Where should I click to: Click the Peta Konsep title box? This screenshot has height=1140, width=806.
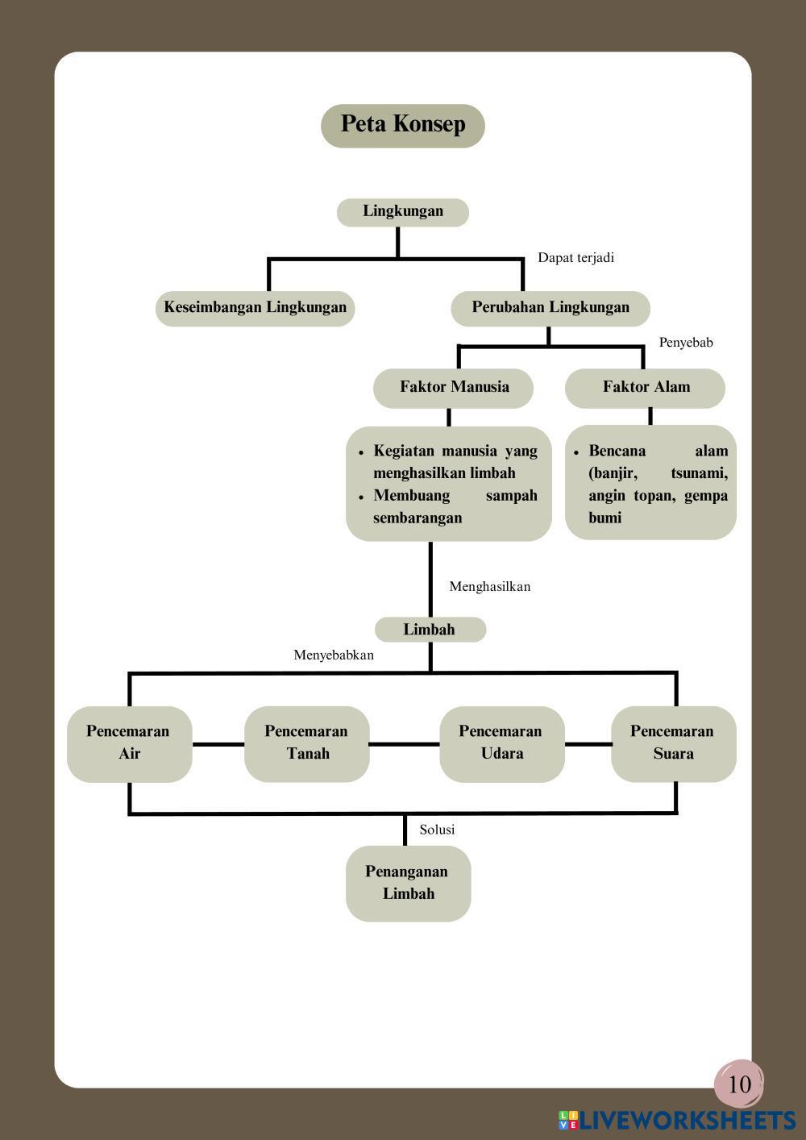pos(402,126)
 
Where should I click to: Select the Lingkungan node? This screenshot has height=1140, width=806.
pos(402,212)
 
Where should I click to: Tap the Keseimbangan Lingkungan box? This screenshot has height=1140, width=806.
pos(255,309)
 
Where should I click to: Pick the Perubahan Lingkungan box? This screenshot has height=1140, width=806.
pos(550,309)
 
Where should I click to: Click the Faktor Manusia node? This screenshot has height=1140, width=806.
pos(453,389)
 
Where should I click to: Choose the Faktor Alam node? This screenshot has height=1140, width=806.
pos(645,389)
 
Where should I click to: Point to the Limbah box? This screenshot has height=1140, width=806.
pos(430,630)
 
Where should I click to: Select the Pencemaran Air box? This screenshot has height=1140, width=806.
pos(129,743)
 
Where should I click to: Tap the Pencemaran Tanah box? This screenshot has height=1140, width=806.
pos(307,743)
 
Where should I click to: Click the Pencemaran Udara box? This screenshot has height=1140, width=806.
pos(501,743)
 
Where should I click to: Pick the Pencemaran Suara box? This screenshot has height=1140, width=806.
pos(673,743)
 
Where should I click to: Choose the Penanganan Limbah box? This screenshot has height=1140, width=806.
pos(408,884)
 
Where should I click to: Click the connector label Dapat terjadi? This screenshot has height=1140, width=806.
pos(575,258)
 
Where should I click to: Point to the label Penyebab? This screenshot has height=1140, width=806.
pos(685,343)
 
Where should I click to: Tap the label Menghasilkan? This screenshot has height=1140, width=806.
pos(489,587)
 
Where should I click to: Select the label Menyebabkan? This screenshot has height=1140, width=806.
pos(334,655)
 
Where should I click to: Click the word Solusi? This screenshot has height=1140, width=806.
pos(437,830)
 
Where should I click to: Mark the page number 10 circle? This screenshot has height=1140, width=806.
pos(739,1084)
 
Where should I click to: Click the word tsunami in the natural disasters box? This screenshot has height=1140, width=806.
pos(699,474)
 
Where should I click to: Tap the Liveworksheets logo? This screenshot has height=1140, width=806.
pos(677,1120)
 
